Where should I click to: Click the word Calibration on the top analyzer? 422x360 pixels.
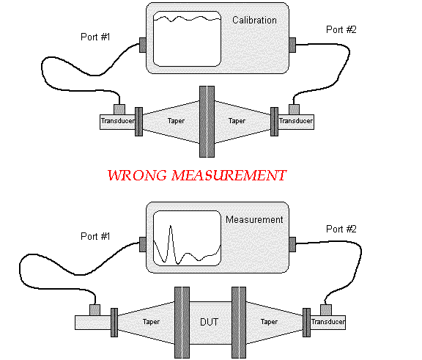coord(254,21)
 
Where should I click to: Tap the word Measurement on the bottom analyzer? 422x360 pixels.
coord(254,220)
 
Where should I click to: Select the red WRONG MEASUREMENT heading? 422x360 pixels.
coord(197,175)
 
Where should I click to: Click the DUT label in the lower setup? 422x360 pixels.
coord(209,322)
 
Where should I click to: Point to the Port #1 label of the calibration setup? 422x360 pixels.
coord(95,37)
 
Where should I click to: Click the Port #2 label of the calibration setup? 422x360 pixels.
coord(341,29)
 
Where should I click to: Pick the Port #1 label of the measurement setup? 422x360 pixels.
coord(95,236)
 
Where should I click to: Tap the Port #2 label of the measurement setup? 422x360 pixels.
coord(341,229)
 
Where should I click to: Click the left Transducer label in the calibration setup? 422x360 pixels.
coord(118,121)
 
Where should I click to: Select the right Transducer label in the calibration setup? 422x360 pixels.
coord(296,121)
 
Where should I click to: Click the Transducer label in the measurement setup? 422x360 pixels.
coord(328,322)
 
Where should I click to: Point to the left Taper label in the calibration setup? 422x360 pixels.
coord(176,121)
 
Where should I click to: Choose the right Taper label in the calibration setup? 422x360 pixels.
coord(237,121)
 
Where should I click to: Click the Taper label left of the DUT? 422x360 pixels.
coord(151,322)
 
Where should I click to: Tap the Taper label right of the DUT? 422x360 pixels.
coord(269,322)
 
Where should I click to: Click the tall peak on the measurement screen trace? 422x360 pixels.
coord(171,226)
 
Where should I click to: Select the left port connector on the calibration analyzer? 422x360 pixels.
coord(143,45)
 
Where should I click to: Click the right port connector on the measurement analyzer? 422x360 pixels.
coord(292,244)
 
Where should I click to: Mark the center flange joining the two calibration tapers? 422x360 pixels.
coord(207,122)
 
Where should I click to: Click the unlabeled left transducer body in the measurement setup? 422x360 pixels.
coord(93,323)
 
